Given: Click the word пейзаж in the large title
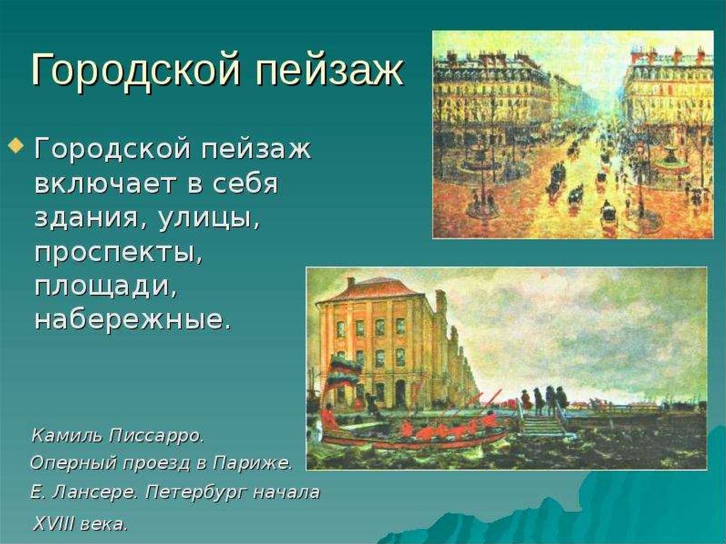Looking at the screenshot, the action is click(x=330, y=70).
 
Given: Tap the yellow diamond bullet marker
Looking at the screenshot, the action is click(x=16, y=145).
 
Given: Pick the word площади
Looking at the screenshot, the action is click(x=106, y=287).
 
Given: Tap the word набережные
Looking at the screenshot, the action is click(x=133, y=321).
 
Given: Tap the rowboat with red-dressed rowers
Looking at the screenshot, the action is click(x=414, y=433).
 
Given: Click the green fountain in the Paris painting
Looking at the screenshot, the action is click(x=671, y=158).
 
